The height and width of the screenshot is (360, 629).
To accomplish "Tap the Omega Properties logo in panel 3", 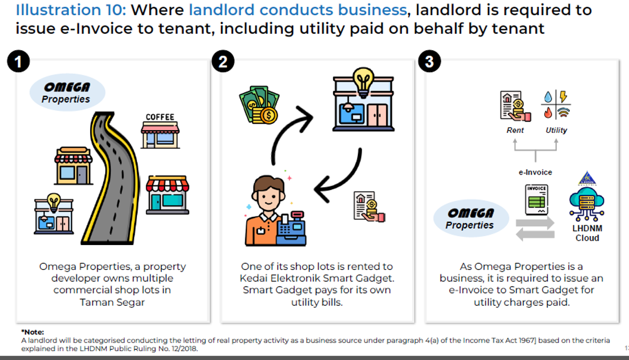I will coord(470,219).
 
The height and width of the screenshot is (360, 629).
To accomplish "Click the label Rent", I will coord(515,130).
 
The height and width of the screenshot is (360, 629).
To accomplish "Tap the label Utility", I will coord(556,130).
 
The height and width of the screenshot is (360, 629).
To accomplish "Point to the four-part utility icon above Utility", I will coord(555,105).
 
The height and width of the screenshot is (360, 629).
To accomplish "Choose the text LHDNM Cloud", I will coord(587,233).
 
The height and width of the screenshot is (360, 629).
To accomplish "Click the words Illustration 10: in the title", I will coord(66,10).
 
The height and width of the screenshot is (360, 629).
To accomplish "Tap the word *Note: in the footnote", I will coord(32,332).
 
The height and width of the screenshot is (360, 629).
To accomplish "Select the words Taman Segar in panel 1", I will coord(112,302).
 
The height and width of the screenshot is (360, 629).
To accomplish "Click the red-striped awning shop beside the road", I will coord(168,193).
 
